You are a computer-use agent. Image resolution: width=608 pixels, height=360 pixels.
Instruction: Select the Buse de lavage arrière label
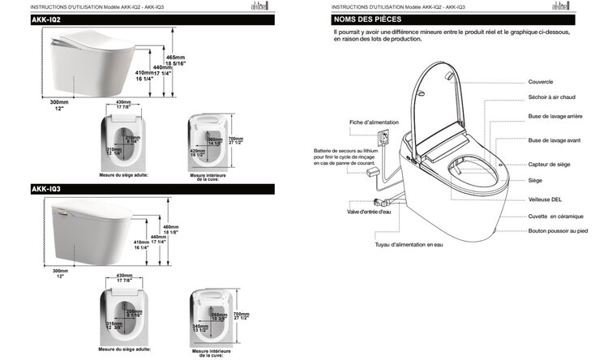(x=555, y=117)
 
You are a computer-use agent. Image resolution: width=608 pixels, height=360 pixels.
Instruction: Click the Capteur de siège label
(x=548, y=165)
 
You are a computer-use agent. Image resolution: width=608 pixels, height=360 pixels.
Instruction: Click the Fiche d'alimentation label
(x=374, y=122)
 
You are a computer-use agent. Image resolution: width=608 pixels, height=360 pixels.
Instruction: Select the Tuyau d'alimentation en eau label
(x=410, y=243)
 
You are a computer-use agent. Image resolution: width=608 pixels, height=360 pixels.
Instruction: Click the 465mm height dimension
(x=197, y=58)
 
